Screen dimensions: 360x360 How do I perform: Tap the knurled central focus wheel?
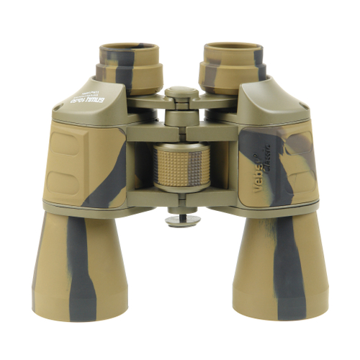[180, 166]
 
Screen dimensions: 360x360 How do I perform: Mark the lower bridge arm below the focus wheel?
[180, 202]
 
